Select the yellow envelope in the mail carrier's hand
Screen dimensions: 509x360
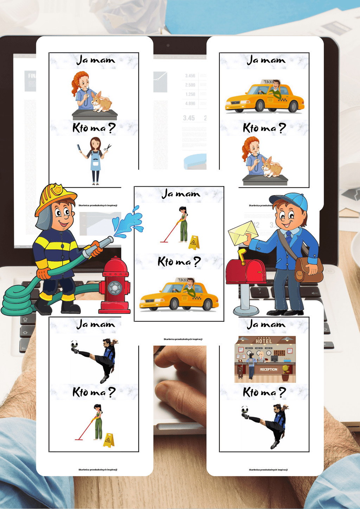[243, 232]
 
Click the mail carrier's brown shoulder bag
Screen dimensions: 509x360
[309, 269]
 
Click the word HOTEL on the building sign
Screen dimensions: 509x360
[264, 341]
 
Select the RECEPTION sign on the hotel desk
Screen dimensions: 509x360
[269, 369]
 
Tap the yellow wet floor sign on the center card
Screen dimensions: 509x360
[194, 243]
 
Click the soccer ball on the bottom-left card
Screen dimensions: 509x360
[74, 343]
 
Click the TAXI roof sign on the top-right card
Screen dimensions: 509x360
[268, 82]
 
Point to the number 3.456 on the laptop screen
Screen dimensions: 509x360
[190, 76]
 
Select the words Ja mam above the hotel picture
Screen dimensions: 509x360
[266, 324]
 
